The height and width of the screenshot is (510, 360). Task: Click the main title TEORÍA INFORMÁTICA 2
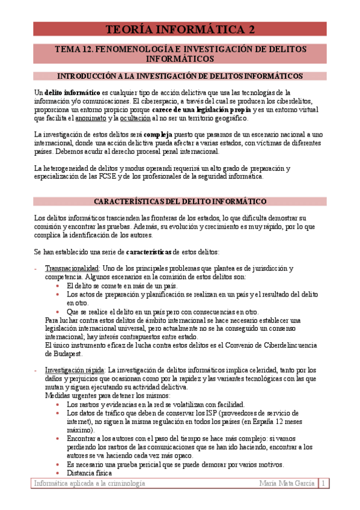pos(180,29)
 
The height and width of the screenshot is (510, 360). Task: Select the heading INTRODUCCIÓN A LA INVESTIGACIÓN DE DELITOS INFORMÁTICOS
pos(180,76)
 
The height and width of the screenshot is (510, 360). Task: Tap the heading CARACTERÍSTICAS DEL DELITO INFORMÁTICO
pos(180,201)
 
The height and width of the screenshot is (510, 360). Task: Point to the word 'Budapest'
pos(61,354)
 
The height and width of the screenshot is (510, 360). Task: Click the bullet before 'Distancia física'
pos(58,473)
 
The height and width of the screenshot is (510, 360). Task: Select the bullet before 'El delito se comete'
pos(58,286)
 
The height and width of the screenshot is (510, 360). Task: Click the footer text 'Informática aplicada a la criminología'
pos(89,484)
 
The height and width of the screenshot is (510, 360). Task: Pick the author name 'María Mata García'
pos(287,484)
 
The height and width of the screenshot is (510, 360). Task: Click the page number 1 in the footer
pos(323,484)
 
